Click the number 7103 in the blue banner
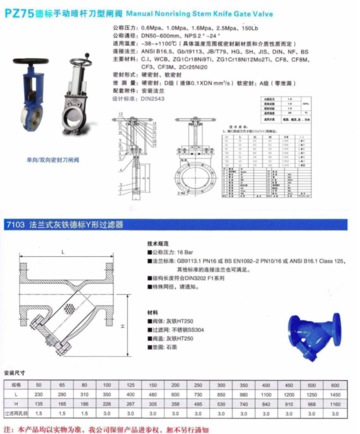pos(15,225)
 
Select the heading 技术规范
pos(156,242)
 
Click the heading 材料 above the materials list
pos(152,312)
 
